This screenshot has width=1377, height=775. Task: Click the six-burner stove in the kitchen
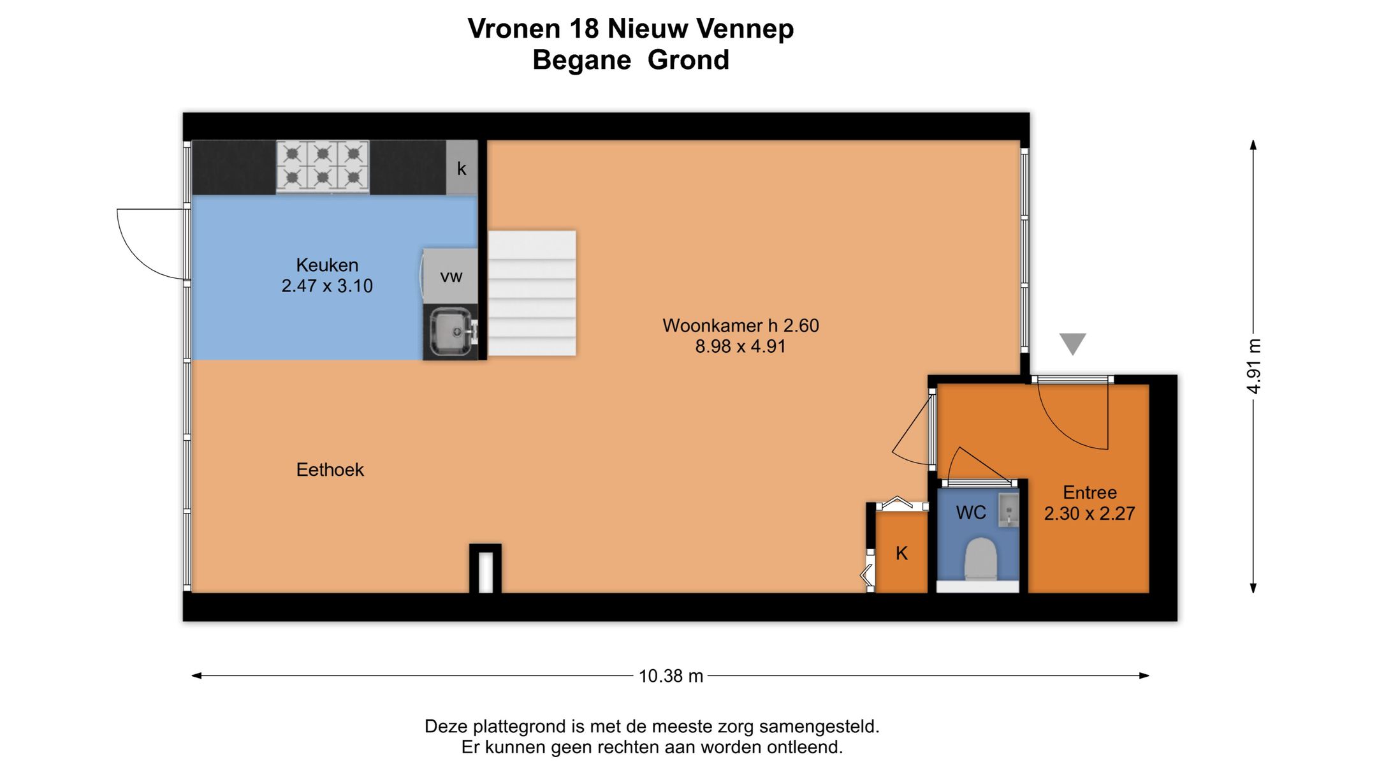coord(323,166)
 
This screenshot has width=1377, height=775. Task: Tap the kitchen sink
coord(451,332)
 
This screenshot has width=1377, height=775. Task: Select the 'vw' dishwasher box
coord(451,276)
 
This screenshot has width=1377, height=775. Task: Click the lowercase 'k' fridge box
coord(462,168)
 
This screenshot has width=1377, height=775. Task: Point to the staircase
coord(532,293)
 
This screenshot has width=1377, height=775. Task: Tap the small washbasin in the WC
coord(1009,510)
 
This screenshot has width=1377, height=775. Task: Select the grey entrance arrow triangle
coord(1072,343)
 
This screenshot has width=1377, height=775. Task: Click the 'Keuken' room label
coord(327,265)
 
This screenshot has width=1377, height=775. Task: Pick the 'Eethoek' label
coord(330,470)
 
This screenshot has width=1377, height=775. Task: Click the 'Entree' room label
coord(1089,492)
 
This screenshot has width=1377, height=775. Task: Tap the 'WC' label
coord(971,512)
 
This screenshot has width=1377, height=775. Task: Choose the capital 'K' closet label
coord(901,553)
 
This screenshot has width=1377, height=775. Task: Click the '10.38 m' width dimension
coord(671,676)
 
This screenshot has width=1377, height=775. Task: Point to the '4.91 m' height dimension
coord(1253,366)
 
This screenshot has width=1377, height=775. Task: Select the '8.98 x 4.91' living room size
coord(740,346)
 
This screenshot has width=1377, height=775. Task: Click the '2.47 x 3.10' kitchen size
coord(327,286)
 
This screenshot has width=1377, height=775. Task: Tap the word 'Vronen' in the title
coord(514,29)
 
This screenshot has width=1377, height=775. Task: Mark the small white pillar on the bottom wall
coord(485,571)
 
